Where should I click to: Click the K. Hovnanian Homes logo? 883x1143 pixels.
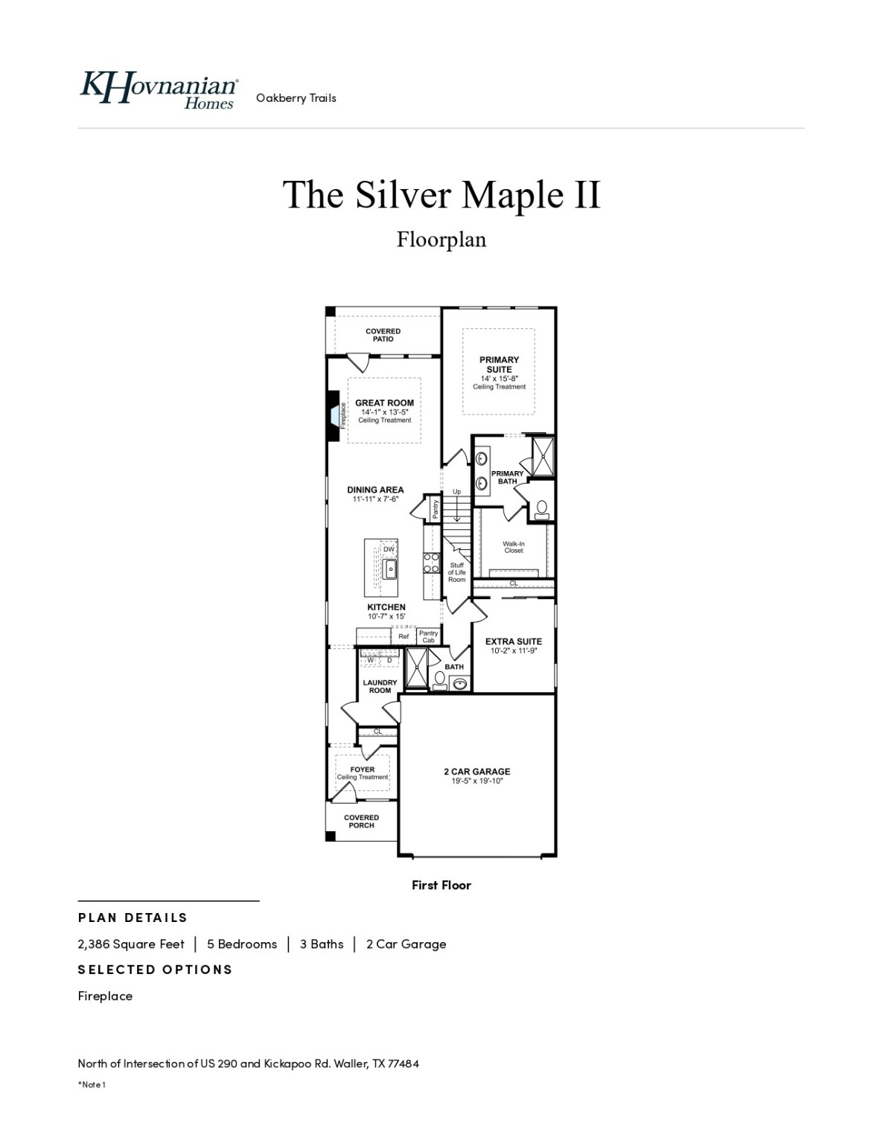[x=159, y=90]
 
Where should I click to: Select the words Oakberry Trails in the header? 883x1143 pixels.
[x=296, y=97]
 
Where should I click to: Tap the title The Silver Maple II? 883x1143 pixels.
[x=441, y=194]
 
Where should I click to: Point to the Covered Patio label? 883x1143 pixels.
[x=383, y=335]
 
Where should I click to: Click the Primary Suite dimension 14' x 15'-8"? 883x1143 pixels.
[x=499, y=379]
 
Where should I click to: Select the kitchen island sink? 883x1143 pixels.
[x=389, y=569]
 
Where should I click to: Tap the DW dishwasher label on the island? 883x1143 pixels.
[x=389, y=549]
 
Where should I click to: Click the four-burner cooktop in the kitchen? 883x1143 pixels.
[x=431, y=563]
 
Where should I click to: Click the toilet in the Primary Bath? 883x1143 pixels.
[x=541, y=509]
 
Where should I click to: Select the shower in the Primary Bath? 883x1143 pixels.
[x=541, y=455]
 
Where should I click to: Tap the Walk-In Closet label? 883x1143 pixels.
[x=513, y=547]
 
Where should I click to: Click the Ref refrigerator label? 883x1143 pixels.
[x=404, y=636]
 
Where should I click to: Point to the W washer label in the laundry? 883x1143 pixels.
[x=370, y=660]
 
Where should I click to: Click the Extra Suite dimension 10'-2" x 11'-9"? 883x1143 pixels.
[x=514, y=650]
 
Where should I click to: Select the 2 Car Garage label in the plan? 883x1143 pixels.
[x=476, y=772]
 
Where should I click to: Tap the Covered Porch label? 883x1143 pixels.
[x=361, y=822]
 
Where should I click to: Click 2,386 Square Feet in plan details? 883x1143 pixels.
[x=131, y=944]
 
